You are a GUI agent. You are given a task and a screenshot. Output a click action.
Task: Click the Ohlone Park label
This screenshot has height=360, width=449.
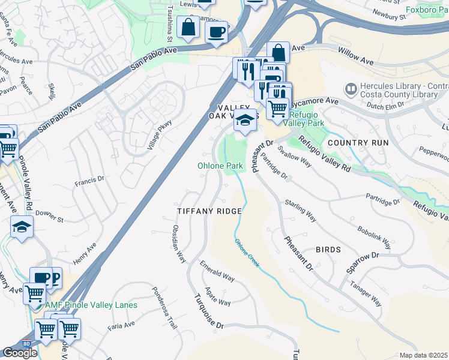pyautogui.click(x=221, y=166)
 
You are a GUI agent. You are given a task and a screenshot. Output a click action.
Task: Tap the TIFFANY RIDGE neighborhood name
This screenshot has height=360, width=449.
pyautogui.click(x=209, y=211)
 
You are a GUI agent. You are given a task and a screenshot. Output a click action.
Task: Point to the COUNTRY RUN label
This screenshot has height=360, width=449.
pyautogui.click(x=358, y=143)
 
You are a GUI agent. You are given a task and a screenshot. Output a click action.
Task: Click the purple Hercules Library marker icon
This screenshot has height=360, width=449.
pyautogui.click(x=351, y=89)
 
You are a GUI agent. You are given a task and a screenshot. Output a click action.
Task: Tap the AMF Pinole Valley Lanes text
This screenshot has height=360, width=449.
pyautogui.click(x=91, y=305)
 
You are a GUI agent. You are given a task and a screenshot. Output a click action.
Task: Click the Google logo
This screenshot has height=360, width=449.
pyautogui.click(x=20, y=353)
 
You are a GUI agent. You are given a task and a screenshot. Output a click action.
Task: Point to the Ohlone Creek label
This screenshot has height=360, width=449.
pyautogui.click(x=247, y=253)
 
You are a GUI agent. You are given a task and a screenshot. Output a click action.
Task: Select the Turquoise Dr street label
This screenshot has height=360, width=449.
pyautogui.click(x=208, y=311)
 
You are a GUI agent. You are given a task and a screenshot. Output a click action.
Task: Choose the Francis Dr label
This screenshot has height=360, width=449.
pyautogui.click(x=89, y=179)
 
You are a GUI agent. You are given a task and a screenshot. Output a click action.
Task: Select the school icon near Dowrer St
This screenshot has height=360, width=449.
pyautogui.click(x=22, y=227)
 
